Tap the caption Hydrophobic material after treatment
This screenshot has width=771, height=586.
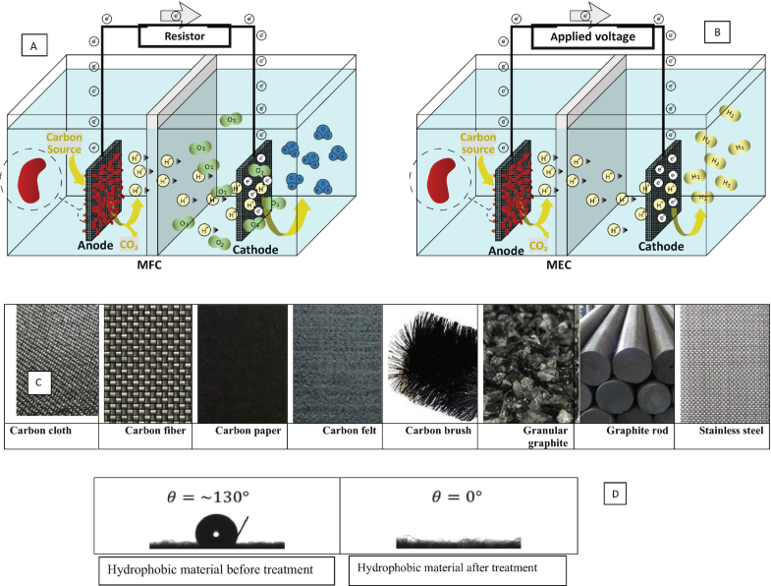pos(443,568)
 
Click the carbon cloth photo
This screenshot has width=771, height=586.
pos(58,360)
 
